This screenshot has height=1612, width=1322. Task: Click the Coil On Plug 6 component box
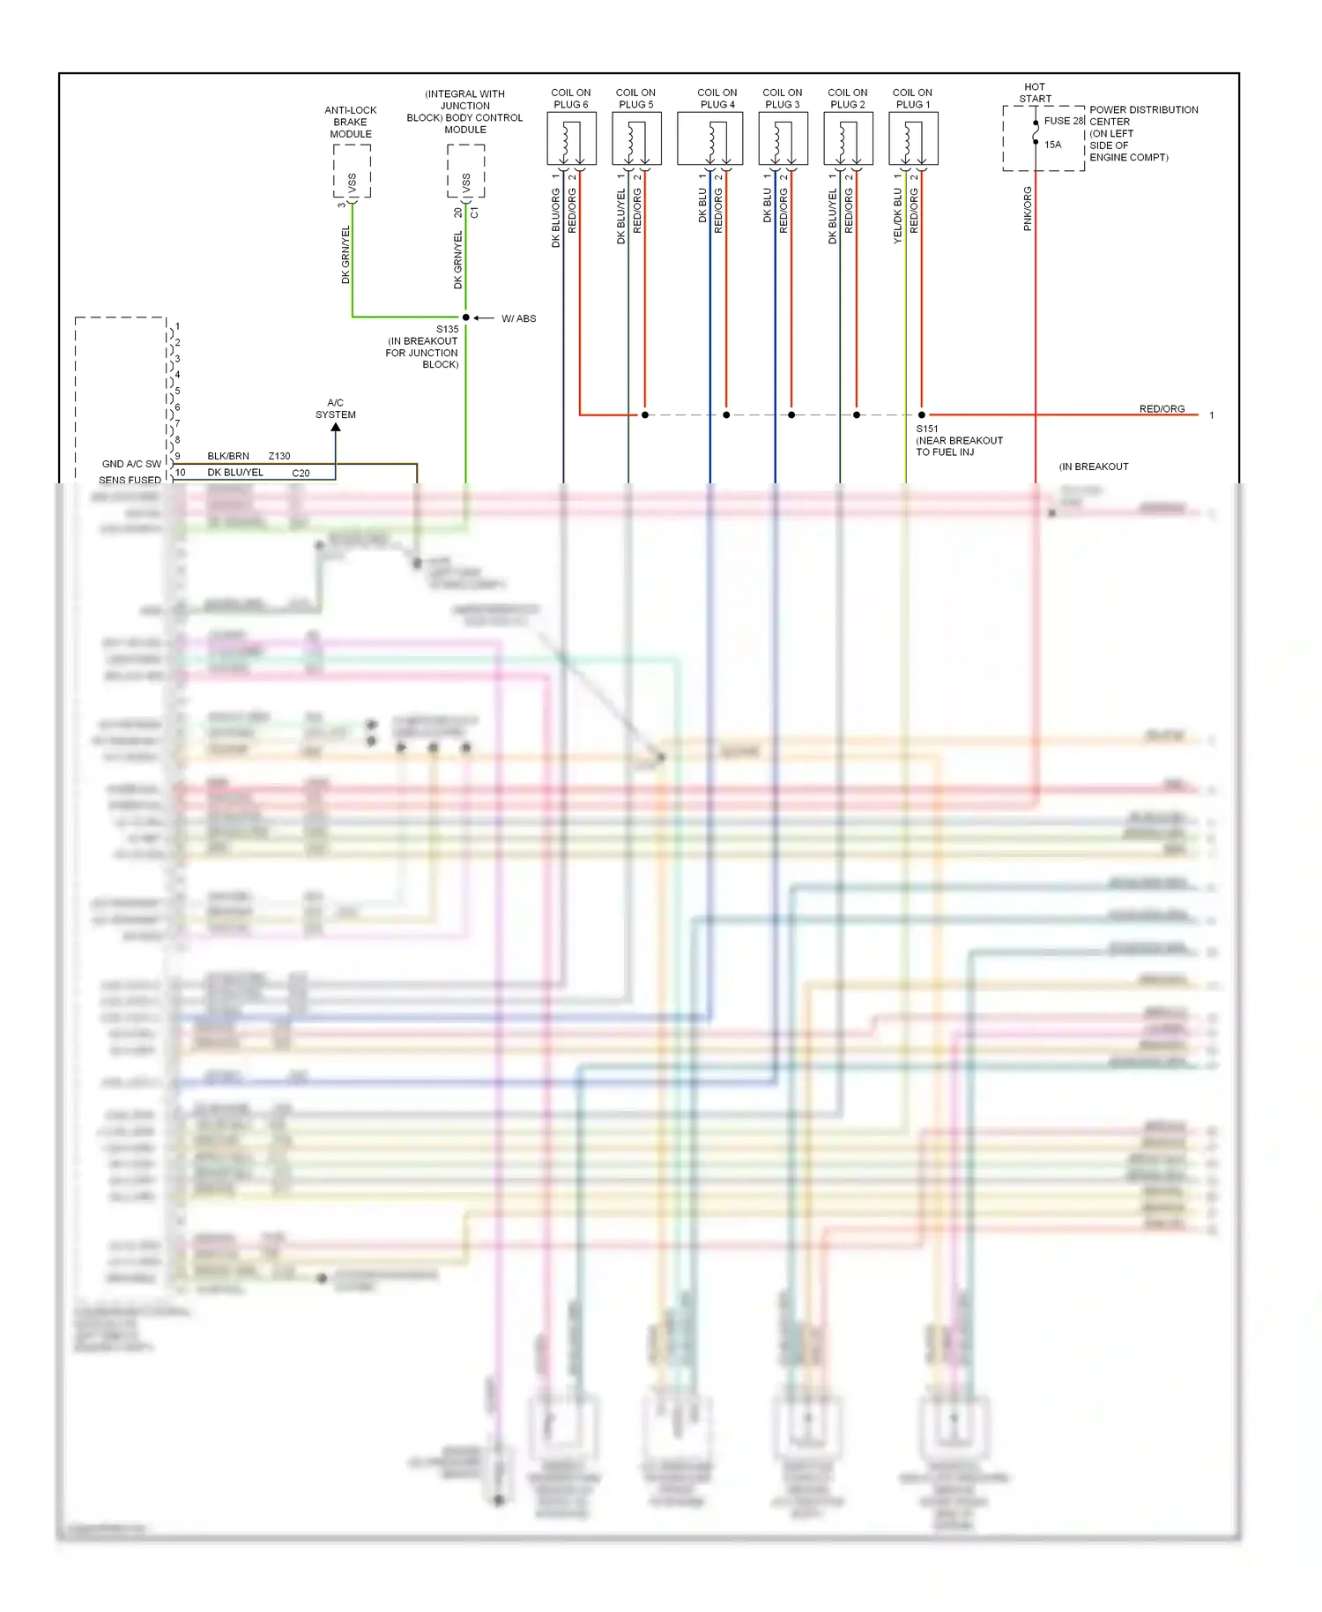[x=571, y=139]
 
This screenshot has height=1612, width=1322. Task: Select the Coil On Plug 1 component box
[x=912, y=139]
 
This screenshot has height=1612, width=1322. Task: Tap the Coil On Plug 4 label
[x=717, y=98]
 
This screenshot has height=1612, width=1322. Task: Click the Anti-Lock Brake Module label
[x=351, y=122]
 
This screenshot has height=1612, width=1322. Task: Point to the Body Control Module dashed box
[x=465, y=171]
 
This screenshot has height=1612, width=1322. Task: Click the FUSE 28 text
[x=1063, y=121]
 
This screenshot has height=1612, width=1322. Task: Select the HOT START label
[x=1035, y=93]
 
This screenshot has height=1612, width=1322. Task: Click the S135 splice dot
[x=465, y=317]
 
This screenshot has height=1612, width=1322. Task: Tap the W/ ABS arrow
[x=483, y=318]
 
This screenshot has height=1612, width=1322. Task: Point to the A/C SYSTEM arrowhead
[x=336, y=429]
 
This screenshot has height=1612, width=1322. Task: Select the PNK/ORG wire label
[x=1028, y=209]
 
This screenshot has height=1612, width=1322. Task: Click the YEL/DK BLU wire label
[x=897, y=216]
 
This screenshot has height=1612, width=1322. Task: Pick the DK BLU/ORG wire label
[x=555, y=218]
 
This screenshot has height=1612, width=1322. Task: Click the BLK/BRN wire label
[x=228, y=456]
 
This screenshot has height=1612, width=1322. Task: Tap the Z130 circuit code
[x=279, y=456]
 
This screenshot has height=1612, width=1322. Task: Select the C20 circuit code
[x=301, y=473]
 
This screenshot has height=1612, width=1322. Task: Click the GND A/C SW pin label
[x=131, y=464]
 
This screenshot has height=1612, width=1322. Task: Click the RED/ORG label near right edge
[x=1162, y=408]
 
